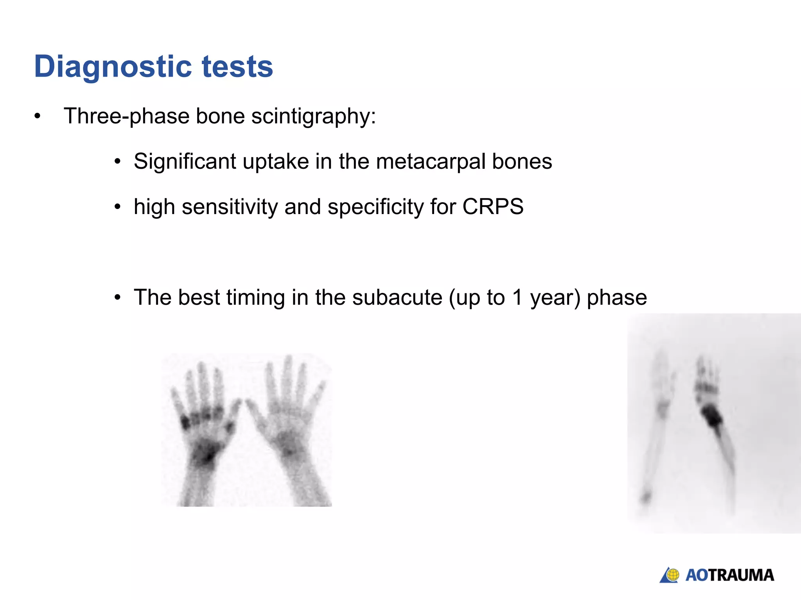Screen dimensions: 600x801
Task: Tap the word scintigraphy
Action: [x=313, y=116]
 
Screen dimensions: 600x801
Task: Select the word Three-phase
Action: [x=127, y=116]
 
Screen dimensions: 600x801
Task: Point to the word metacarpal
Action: [x=431, y=161]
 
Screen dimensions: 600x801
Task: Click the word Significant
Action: [x=185, y=161]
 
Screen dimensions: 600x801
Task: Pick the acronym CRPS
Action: [x=492, y=207]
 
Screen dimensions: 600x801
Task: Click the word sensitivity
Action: [x=230, y=207]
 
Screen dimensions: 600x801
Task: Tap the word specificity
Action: [x=375, y=207]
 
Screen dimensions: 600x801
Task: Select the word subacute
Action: [x=397, y=297]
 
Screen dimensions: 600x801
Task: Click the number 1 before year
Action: [x=517, y=297]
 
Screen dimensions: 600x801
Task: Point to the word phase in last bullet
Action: [x=617, y=297]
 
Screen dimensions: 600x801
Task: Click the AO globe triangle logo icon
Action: [x=670, y=575]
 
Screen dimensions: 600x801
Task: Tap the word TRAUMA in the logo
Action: [x=742, y=575]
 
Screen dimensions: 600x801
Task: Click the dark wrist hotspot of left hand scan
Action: [x=205, y=453]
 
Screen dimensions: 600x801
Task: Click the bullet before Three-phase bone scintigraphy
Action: [x=37, y=116]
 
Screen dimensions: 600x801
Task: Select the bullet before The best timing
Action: [x=118, y=298]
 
